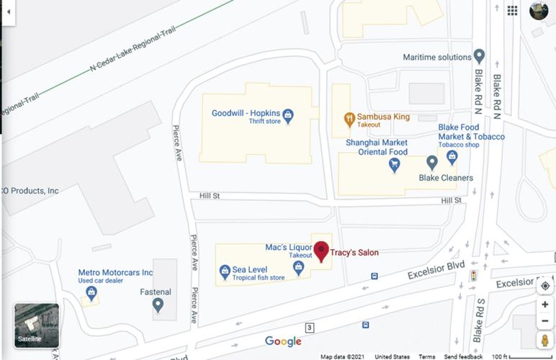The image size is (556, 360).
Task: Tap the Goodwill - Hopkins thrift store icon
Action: click(x=288, y=115)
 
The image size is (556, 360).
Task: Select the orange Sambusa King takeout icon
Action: click(x=349, y=117)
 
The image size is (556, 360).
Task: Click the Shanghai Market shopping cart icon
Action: click(x=394, y=165)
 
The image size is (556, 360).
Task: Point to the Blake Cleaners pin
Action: click(x=431, y=162)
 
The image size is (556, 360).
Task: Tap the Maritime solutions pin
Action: click(x=480, y=57)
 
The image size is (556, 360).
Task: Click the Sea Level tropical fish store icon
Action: click(x=224, y=271)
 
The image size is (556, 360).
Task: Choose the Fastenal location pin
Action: click(x=158, y=305)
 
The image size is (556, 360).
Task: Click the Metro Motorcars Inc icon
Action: click(x=91, y=292)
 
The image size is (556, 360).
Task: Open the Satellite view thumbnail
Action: click(x=37, y=325)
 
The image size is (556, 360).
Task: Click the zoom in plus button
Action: click(x=545, y=305)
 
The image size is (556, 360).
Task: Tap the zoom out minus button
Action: click(x=545, y=321)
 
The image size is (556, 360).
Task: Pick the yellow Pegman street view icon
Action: click(x=545, y=341)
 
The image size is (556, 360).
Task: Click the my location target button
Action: click(x=545, y=286)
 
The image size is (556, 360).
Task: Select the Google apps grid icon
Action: click(x=512, y=10)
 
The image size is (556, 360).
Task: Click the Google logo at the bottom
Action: click(x=283, y=341)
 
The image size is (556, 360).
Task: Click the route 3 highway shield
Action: click(x=309, y=328)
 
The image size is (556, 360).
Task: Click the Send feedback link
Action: click(x=463, y=356)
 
